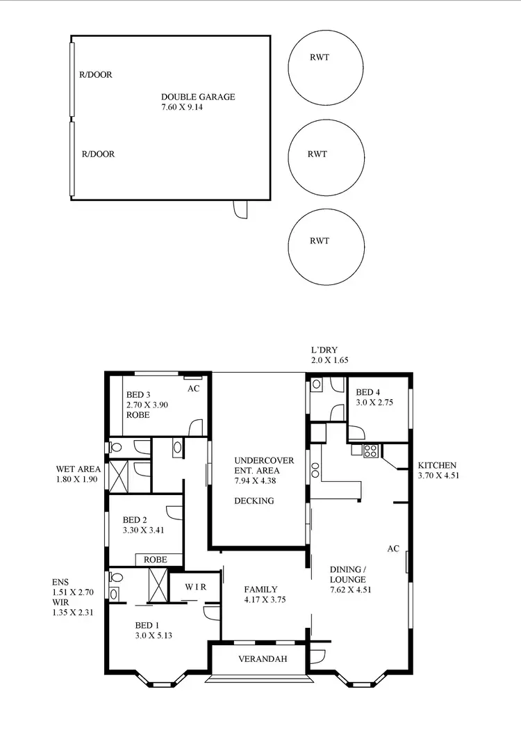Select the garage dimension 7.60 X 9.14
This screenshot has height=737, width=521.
click(x=181, y=108)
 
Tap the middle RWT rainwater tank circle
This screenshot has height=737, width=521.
click(x=326, y=154)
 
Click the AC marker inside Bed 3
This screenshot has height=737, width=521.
click(x=194, y=389)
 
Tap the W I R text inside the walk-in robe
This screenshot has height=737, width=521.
click(x=196, y=588)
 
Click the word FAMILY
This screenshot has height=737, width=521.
click(x=261, y=589)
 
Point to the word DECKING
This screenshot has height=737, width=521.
click(x=254, y=501)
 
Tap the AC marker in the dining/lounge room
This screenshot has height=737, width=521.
click(x=393, y=549)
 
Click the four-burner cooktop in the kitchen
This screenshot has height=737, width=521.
click(x=368, y=450)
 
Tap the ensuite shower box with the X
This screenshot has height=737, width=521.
click(x=158, y=585)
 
